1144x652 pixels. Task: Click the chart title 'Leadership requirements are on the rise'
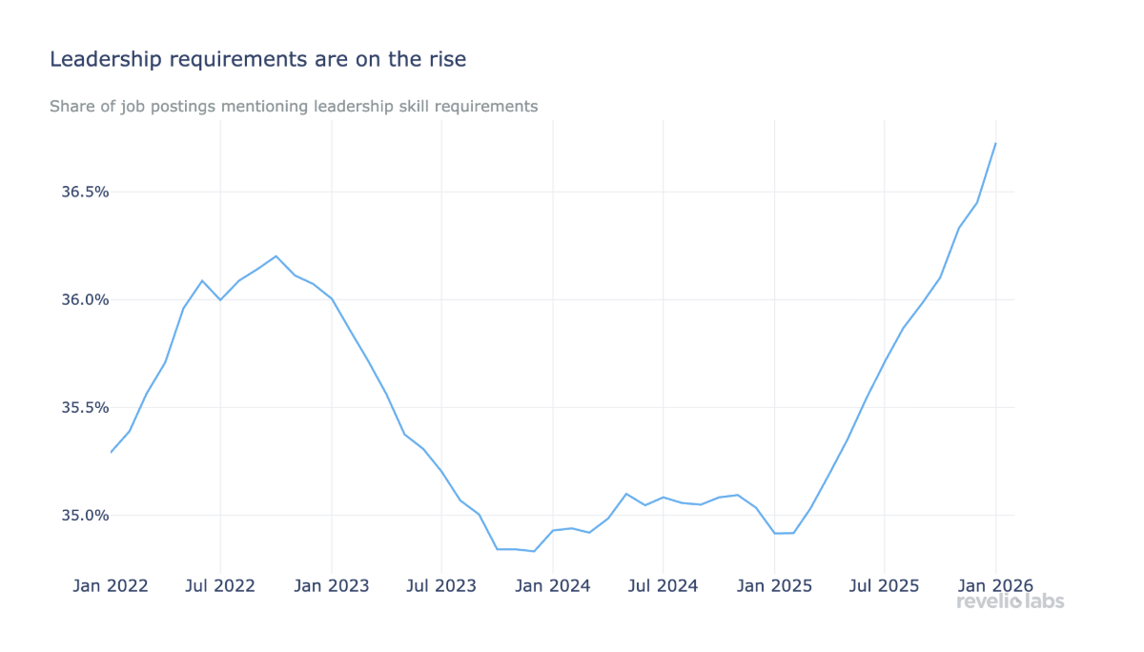pyautogui.click(x=257, y=59)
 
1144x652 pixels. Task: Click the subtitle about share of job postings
pyautogui.click(x=294, y=106)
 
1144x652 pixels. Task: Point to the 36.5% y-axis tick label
pyautogui.click(x=85, y=192)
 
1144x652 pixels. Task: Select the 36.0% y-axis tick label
pyautogui.click(x=85, y=299)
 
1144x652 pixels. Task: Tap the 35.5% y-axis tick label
pyautogui.click(x=85, y=407)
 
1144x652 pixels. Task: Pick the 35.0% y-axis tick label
pyautogui.click(x=85, y=515)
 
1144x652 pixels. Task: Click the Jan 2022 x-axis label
pyautogui.click(x=111, y=585)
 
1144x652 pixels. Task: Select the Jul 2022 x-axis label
pyautogui.click(x=220, y=585)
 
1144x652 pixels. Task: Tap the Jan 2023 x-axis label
pyautogui.click(x=331, y=585)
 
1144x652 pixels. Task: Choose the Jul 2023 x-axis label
pyautogui.click(x=441, y=585)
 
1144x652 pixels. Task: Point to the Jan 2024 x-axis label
pyautogui.click(x=552, y=585)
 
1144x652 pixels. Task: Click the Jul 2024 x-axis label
pyautogui.click(x=663, y=585)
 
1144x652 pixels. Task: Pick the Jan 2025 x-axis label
pyautogui.click(x=774, y=585)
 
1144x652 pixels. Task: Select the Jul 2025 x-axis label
pyautogui.click(x=884, y=585)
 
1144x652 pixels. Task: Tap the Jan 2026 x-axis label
pyautogui.click(x=995, y=585)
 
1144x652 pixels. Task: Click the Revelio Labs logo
pyautogui.click(x=1010, y=601)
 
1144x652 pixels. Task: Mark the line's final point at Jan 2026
pyautogui.click(x=995, y=144)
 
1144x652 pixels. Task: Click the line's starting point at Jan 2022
pyautogui.click(x=111, y=452)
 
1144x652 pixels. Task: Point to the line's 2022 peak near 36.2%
pyautogui.click(x=276, y=255)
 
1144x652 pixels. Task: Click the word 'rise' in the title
pyautogui.click(x=447, y=59)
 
